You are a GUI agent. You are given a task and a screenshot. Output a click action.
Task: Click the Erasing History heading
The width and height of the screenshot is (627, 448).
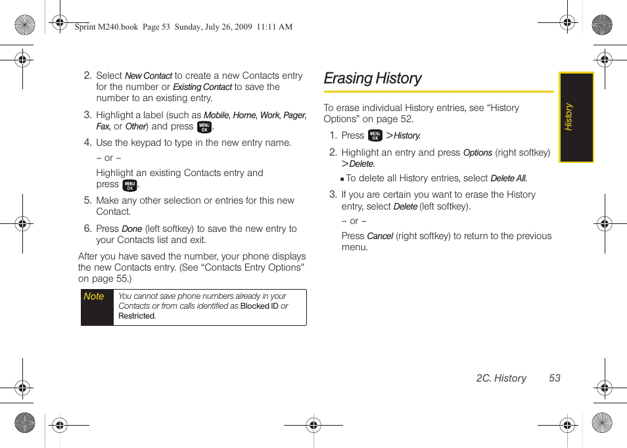point(373,78)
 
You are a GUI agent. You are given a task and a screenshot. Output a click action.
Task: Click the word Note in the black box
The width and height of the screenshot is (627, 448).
point(94,296)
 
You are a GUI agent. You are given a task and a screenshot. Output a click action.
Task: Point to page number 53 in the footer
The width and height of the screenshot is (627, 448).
point(555,378)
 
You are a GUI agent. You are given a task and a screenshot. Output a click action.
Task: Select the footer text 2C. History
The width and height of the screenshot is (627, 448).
point(501,378)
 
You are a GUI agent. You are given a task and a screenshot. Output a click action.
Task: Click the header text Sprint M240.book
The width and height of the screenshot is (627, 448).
point(106,27)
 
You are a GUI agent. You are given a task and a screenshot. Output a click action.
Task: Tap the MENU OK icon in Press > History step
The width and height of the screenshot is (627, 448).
point(375,135)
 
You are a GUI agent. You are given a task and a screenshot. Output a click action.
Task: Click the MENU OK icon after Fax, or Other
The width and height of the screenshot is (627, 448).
point(204,127)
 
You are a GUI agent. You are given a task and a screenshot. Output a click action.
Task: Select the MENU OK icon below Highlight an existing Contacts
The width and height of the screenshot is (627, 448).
point(129,185)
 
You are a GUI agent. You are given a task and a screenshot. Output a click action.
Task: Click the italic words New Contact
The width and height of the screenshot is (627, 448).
point(149,76)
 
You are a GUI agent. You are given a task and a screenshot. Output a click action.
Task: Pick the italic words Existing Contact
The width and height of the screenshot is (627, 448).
point(202,87)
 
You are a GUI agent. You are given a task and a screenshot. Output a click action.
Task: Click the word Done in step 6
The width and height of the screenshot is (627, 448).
point(132,229)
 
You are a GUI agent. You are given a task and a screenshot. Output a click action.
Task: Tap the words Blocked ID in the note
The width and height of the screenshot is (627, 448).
point(259,306)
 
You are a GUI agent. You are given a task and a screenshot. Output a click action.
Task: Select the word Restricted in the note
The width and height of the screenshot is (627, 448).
point(137,316)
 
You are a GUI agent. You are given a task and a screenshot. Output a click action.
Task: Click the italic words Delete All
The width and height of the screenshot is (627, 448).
point(508,179)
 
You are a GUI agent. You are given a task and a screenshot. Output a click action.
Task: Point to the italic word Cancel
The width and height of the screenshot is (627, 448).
point(380,236)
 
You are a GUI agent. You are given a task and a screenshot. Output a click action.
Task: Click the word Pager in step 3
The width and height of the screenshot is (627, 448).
point(294,116)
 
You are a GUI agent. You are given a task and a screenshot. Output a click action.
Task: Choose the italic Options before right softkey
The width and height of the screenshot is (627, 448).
point(478,153)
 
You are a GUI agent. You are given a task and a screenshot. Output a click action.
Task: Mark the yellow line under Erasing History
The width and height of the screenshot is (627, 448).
point(438,92)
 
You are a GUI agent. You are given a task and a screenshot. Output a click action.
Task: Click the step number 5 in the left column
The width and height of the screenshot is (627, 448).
point(87,201)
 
